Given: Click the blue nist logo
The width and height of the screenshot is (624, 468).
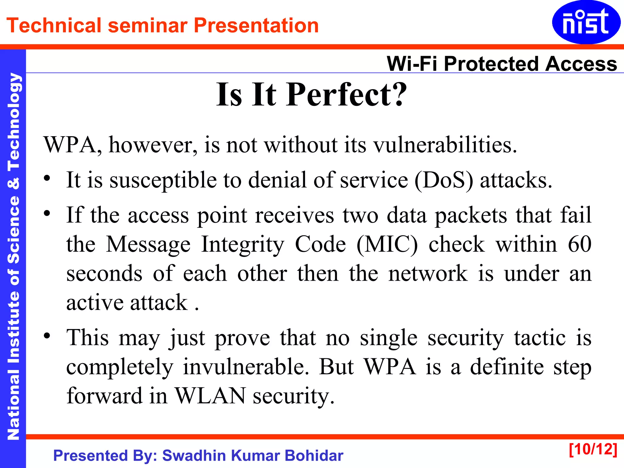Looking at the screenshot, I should [586, 22].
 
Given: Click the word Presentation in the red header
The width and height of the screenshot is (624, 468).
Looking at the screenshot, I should [256, 25].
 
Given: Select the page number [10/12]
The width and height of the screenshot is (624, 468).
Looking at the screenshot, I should [593, 449].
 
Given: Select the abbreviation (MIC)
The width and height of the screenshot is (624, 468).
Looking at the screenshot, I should [387, 244].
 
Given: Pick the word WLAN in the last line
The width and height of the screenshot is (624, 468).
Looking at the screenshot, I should [210, 396].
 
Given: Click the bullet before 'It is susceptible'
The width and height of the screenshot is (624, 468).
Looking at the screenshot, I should [47, 179].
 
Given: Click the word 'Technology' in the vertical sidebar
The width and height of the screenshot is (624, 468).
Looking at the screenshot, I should [13, 122].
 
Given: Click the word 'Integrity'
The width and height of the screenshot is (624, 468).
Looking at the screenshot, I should [243, 244].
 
